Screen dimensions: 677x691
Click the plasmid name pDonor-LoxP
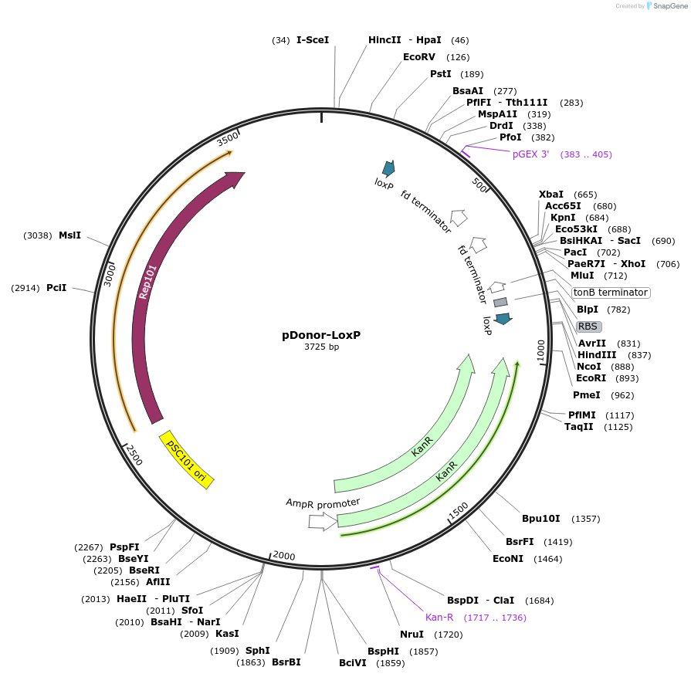[x=321, y=335]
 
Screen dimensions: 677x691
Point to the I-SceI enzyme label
[x=313, y=40]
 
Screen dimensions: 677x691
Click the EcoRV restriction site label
[x=419, y=57]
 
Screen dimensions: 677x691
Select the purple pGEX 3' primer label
[x=530, y=154]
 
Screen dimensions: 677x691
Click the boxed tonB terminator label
[x=611, y=293]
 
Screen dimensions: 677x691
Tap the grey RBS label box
[x=588, y=327]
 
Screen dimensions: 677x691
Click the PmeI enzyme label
[x=586, y=395]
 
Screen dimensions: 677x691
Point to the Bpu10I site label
[x=540, y=519]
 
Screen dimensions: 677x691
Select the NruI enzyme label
[x=412, y=635]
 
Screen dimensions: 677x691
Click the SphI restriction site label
[x=257, y=651]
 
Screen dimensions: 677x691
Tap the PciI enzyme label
[x=56, y=288]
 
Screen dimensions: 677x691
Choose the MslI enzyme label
[x=69, y=235]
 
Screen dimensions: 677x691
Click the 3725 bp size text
[x=321, y=347]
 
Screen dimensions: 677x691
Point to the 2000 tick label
[x=284, y=556]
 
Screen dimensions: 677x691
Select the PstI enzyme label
[x=440, y=74]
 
